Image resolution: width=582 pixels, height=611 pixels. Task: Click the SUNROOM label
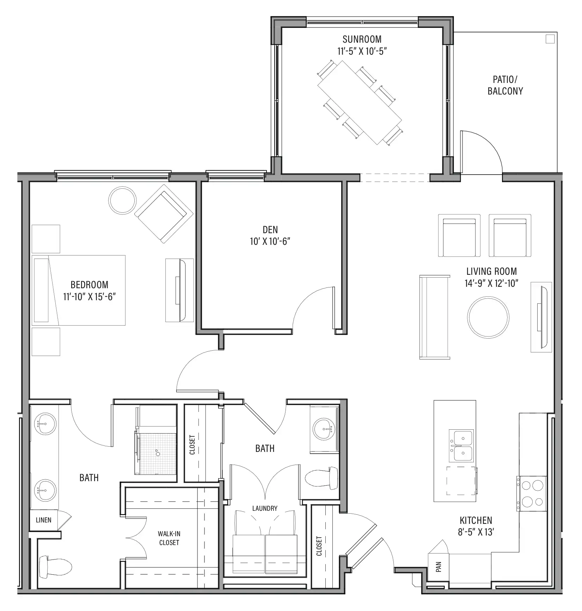click(362, 39)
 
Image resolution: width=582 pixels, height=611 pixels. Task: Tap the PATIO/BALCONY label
click(505, 85)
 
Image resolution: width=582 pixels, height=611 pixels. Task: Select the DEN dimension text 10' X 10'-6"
click(270, 242)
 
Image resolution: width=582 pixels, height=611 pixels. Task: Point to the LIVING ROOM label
click(491, 271)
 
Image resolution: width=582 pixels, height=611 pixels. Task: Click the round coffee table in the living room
click(488, 317)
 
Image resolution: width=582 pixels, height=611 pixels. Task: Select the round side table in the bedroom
click(122, 200)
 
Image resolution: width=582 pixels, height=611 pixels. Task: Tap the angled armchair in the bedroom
click(164, 214)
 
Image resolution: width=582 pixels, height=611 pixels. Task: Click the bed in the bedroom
click(79, 290)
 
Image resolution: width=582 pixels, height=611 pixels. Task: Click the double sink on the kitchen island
click(461, 446)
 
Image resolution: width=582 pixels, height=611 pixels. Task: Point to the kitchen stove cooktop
click(532, 494)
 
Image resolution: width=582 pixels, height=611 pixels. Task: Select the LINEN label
click(44, 520)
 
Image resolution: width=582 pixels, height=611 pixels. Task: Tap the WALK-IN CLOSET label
click(169, 538)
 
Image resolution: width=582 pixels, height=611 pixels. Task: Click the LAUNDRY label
click(265, 508)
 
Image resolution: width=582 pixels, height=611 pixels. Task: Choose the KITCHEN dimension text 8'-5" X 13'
click(476, 532)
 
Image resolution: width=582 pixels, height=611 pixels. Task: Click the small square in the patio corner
click(550, 39)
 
